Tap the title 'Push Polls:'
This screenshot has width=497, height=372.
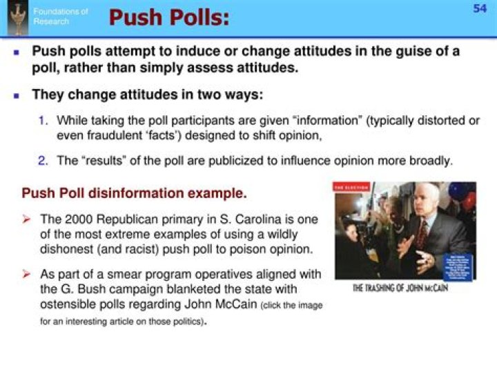click(168, 18)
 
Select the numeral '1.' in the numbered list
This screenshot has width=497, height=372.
click(43, 120)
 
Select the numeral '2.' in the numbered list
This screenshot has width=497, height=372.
click(43, 161)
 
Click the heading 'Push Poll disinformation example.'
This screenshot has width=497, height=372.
click(134, 192)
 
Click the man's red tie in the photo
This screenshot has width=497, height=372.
click(420, 234)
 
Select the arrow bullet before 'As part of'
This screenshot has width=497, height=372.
click(27, 274)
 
